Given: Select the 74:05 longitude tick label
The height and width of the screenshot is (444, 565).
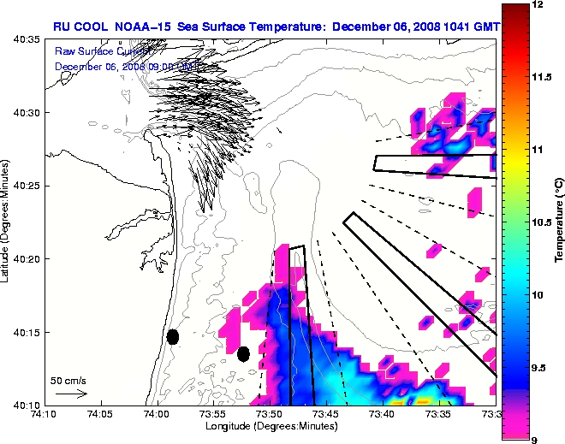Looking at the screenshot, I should click(x=100, y=414).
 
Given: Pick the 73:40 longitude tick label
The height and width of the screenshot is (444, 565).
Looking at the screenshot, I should click(x=382, y=414).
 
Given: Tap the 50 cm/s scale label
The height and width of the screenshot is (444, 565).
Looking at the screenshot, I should click(x=68, y=380).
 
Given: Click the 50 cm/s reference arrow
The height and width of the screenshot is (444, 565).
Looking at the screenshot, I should click(x=70, y=394).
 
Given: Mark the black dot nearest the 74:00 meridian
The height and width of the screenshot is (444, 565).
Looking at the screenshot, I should click(x=172, y=337).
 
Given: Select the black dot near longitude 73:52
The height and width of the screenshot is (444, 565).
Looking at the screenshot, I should click(x=243, y=353).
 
